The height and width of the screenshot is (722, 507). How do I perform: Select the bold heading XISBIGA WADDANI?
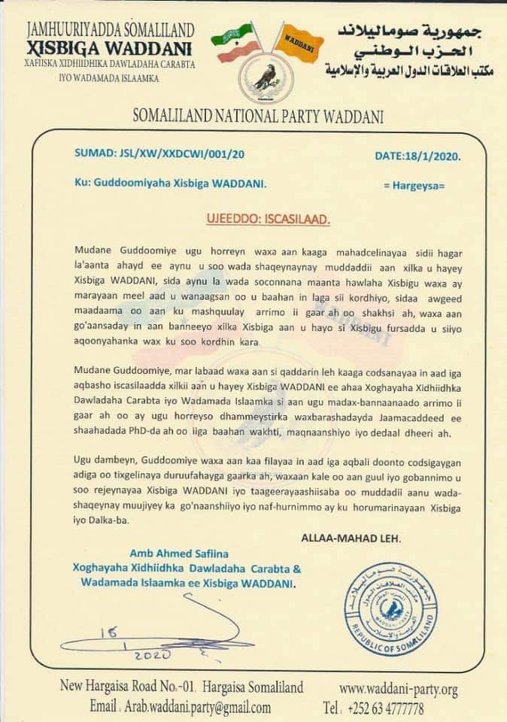(x=110, y=47)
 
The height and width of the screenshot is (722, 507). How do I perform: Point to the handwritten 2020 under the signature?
(x=152, y=655)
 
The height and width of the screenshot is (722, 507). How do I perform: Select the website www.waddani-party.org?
(x=398, y=689)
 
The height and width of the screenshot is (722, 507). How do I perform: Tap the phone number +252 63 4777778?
(x=385, y=708)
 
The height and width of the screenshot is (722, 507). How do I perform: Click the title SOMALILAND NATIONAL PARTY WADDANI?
(x=258, y=117)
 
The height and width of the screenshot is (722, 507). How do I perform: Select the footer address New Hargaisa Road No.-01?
(x=131, y=687)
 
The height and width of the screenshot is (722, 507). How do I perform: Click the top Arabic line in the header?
(x=407, y=32)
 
